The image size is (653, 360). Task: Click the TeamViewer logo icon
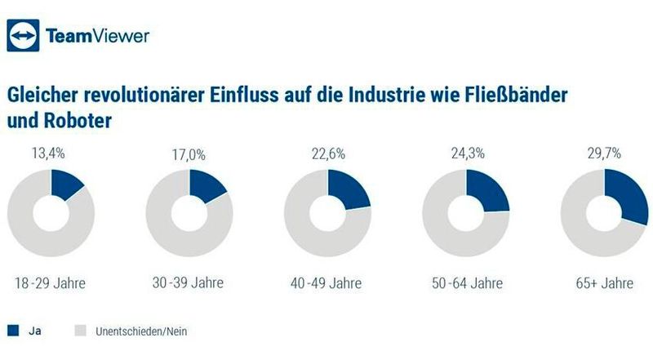24,36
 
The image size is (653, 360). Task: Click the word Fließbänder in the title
516,94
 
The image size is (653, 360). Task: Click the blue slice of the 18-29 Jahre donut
65,185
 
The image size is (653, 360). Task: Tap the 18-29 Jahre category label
51,283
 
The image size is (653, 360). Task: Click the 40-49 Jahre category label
327,283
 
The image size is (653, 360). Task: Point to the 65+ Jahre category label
604,283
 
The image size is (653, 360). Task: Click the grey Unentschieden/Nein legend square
80,331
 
